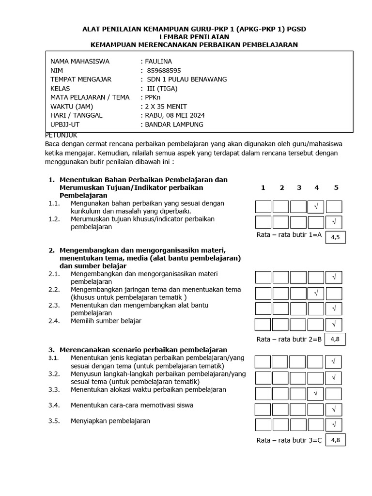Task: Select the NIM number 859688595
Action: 164,71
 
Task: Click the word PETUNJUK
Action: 61,135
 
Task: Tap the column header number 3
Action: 299,188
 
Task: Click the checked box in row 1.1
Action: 316,207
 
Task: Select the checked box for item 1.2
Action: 334,222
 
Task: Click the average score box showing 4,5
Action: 335,237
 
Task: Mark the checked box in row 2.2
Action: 316,293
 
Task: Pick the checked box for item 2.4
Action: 334,324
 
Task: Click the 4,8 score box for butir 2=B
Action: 335,340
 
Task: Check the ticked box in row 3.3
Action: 316,393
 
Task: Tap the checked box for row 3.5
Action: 334,425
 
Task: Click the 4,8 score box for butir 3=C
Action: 335,440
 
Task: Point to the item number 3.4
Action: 54,405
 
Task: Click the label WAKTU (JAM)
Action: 72,107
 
